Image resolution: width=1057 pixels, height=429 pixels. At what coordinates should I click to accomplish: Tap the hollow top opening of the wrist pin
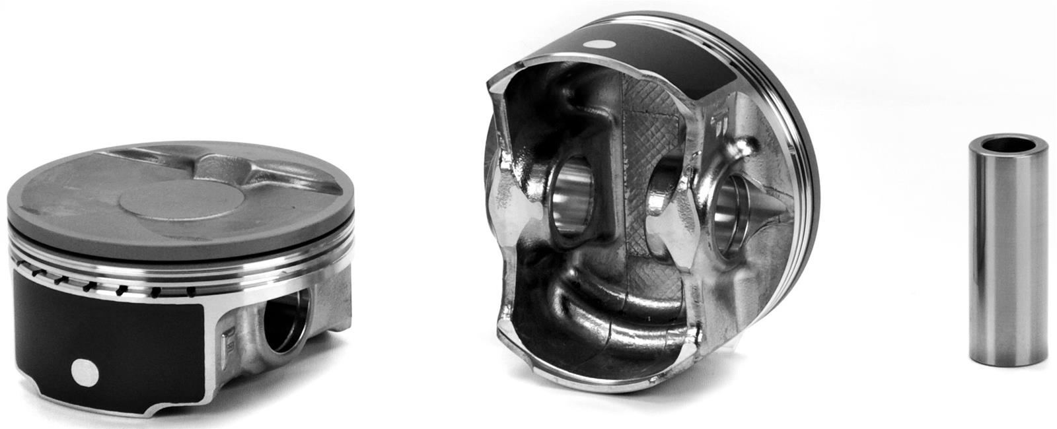(x=1008, y=143)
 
